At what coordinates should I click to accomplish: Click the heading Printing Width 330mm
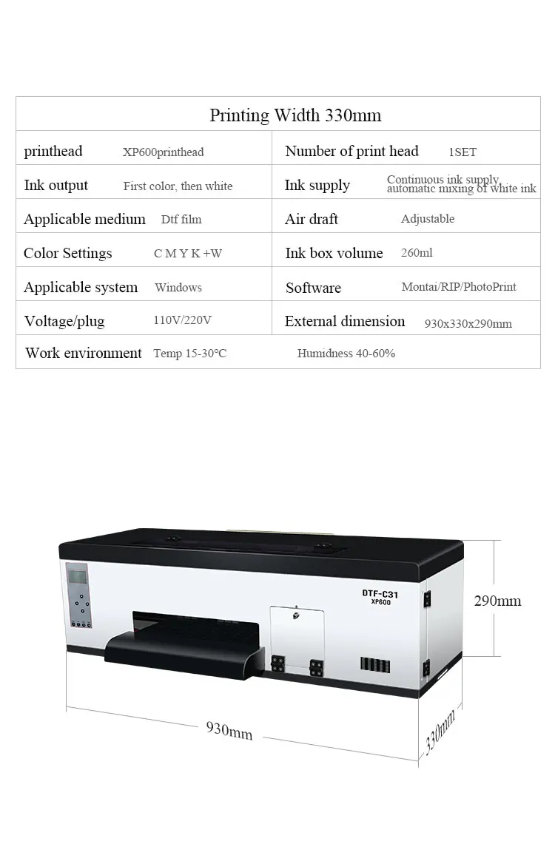point(295,115)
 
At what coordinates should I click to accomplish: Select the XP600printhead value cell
point(163,152)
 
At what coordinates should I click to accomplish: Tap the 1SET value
point(462,152)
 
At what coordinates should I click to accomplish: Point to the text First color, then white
point(178,186)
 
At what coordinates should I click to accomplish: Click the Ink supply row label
point(317,186)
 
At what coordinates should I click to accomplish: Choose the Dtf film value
point(181,220)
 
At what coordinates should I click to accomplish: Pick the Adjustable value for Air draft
point(428,219)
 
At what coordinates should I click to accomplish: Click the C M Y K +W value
point(188,254)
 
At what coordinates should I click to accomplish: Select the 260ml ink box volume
point(417,253)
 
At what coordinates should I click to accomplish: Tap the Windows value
point(178,288)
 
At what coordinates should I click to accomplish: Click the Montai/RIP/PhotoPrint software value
point(459,287)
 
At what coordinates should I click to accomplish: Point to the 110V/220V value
point(182,321)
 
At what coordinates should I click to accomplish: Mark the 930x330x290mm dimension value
point(468,324)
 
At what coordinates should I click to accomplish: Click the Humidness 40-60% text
point(346,354)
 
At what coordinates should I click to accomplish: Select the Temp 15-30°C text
point(189,354)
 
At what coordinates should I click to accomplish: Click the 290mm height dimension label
point(497,601)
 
